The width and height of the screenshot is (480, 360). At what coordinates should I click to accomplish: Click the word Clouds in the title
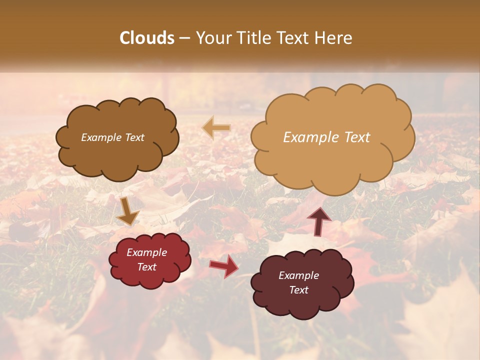(x=147, y=37)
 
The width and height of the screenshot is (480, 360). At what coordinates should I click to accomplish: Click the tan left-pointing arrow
(x=216, y=127)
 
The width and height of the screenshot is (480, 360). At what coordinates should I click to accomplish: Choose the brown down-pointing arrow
(x=127, y=211)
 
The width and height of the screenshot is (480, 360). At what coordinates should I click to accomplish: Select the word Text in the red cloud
(x=147, y=267)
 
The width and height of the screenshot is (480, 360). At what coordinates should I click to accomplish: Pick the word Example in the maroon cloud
(x=298, y=275)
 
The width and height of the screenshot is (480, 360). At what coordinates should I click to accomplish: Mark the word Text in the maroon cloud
(x=298, y=290)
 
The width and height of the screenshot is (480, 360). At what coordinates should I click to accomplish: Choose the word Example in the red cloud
(x=147, y=252)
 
